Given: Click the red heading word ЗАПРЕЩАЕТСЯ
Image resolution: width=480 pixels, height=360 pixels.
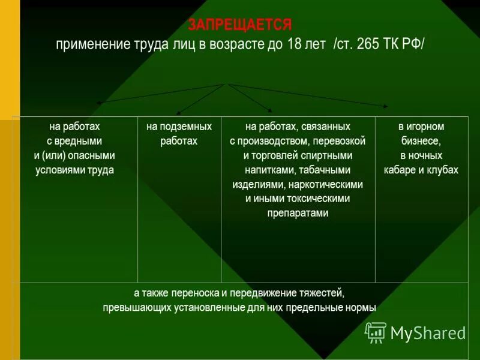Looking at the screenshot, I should [240, 25].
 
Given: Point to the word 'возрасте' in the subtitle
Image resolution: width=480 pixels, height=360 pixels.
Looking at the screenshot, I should [238, 44].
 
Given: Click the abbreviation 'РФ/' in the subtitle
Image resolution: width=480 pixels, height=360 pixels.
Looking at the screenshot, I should [413, 44].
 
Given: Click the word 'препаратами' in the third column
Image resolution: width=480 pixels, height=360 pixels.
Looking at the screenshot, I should [298, 213].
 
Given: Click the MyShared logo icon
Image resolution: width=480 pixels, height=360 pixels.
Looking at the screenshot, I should [376, 332].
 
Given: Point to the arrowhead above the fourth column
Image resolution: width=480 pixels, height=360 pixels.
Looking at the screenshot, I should [385, 106].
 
